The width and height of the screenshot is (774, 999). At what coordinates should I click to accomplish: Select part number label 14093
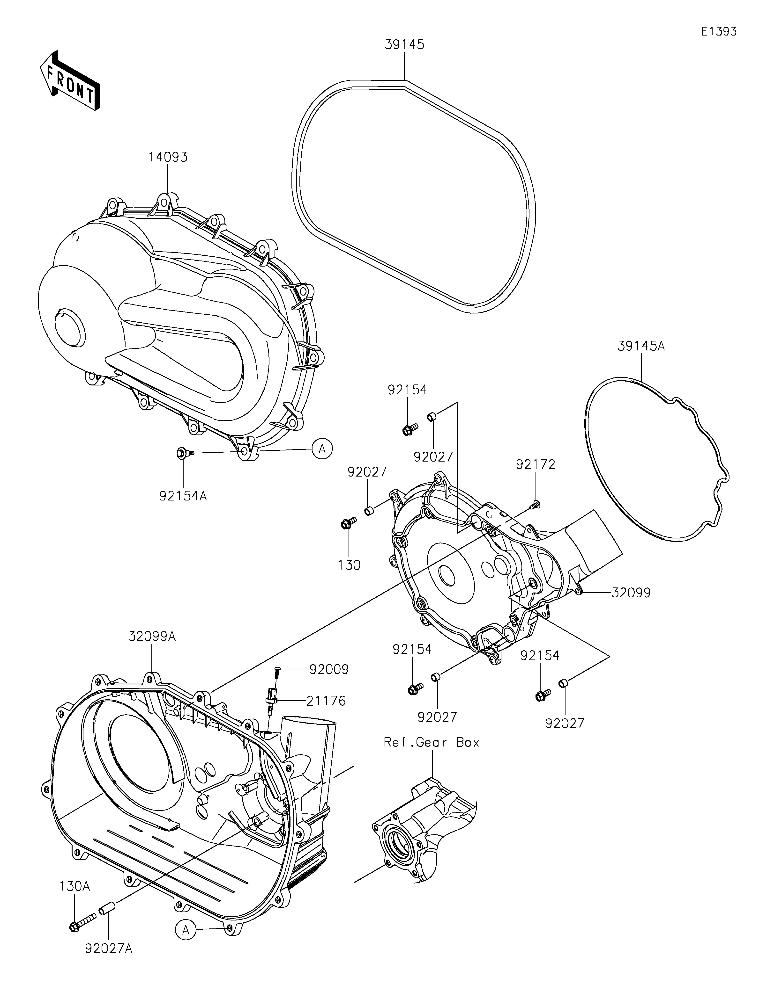[168, 157]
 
